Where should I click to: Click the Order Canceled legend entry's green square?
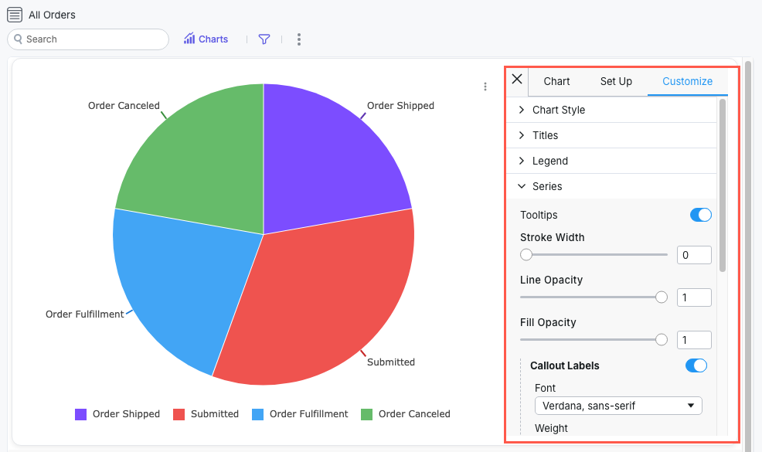367,414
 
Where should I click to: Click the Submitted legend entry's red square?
179,414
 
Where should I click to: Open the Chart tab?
556,81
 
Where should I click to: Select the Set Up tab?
616,81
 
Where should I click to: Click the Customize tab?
687,81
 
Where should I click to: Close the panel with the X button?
517,80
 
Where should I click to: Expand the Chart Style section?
558,110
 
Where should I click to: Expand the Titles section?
545,135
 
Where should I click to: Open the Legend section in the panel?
549,161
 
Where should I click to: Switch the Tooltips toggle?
700,215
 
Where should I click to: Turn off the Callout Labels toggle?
696,365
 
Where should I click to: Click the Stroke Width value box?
693,255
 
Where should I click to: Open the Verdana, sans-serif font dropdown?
618,406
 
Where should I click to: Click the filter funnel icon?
264,39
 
